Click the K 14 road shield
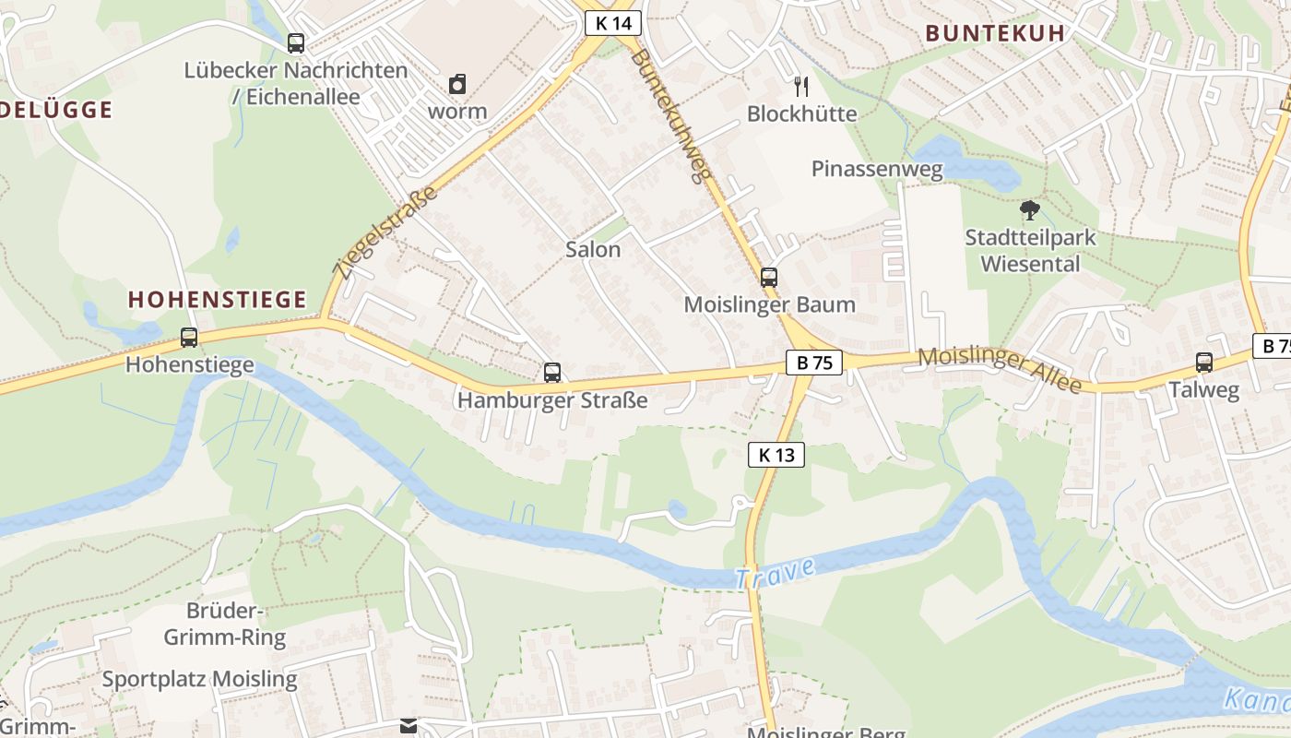tap(613, 23)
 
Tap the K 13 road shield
tap(776, 454)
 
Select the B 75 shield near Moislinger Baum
tap(814, 363)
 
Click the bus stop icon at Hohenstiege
tap(189, 338)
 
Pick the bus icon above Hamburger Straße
tap(552, 373)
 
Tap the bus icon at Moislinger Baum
tap(769, 277)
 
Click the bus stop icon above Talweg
tap(1204, 363)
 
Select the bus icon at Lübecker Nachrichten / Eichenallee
tap(296, 42)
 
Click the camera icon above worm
tap(457, 85)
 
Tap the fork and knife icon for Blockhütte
tap(801, 87)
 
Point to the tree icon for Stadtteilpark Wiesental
tap(1030, 210)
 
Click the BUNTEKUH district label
tap(995, 33)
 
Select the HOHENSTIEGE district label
tap(217, 299)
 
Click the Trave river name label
tap(775, 573)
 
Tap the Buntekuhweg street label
tap(672, 114)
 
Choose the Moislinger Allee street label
tap(1000, 369)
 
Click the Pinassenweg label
tap(877, 169)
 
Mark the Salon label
tap(593, 249)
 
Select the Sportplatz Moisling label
tap(199, 680)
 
